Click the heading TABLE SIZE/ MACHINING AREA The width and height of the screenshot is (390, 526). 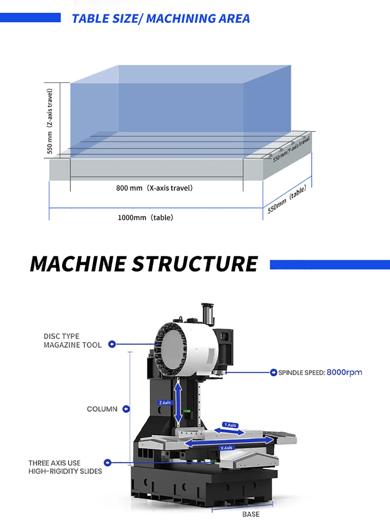pos(161,18)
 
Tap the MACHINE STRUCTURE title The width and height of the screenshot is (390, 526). pos(144,264)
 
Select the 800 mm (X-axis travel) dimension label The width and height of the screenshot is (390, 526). pos(154,188)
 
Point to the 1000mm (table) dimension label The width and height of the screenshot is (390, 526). pos(145,218)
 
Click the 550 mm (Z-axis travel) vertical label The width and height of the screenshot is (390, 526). pos(50,121)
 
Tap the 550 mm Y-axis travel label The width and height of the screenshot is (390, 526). pos(291,149)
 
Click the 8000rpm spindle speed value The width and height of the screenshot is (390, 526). pos(344,372)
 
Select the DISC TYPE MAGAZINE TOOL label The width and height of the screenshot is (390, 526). pos(72,341)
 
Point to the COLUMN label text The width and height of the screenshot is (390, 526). pos(102,409)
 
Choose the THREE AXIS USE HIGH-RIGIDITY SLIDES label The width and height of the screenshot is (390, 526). pos(65,467)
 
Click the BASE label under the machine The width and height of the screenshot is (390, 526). pos(251,514)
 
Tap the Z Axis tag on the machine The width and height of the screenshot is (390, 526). pos(165,403)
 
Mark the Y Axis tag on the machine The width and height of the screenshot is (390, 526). pos(230,425)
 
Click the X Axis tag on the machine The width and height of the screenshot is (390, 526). pos(226,448)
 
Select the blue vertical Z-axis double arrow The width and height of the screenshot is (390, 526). pos(178,403)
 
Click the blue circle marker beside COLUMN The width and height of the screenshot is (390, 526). pos(126,409)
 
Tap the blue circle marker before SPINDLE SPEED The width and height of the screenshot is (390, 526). pos(273,373)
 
